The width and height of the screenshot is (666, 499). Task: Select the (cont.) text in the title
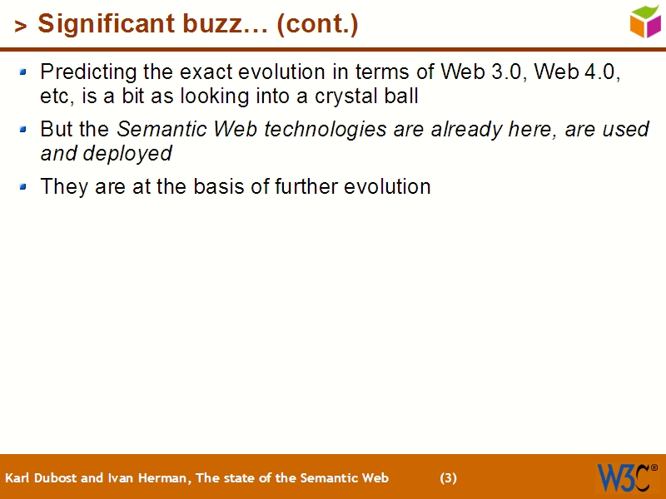point(317,25)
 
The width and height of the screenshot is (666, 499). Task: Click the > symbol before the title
point(21,27)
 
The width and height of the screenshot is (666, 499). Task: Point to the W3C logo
point(626,477)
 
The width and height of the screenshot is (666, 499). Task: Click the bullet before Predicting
point(24,72)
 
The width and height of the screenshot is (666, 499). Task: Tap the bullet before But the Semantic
point(24,131)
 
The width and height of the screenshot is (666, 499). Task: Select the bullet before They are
point(24,187)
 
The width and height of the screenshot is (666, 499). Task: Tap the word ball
point(400,96)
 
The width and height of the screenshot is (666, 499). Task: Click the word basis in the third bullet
point(216,187)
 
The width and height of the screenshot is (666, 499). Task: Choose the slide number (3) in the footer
point(448,478)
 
